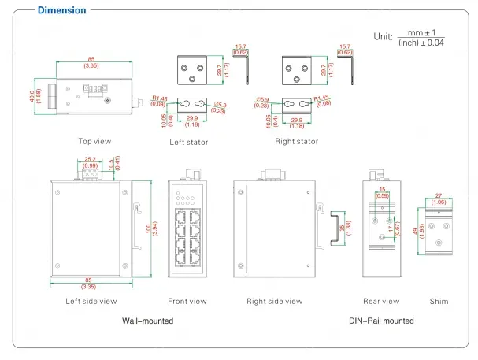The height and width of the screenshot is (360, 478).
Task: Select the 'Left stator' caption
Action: tap(188, 143)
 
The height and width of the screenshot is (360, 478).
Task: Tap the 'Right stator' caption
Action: tap(296, 142)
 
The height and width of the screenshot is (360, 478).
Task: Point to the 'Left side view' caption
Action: tap(91, 301)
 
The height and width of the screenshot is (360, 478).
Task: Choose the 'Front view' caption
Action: tap(187, 301)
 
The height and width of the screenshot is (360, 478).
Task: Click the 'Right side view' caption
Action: tap(274, 301)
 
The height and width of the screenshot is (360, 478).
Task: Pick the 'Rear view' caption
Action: tap(381, 301)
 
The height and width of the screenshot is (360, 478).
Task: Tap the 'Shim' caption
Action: tap(439, 301)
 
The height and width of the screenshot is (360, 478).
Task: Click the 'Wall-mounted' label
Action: tap(147, 321)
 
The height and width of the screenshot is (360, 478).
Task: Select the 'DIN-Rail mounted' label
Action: tap(381, 321)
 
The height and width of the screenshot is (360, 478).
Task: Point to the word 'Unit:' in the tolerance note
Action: tap(383, 36)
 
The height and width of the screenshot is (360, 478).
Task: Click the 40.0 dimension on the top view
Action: tap(32, 95)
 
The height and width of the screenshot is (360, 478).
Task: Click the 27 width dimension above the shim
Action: tap(439, 195)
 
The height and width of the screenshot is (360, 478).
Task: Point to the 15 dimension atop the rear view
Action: tap(382, 191)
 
